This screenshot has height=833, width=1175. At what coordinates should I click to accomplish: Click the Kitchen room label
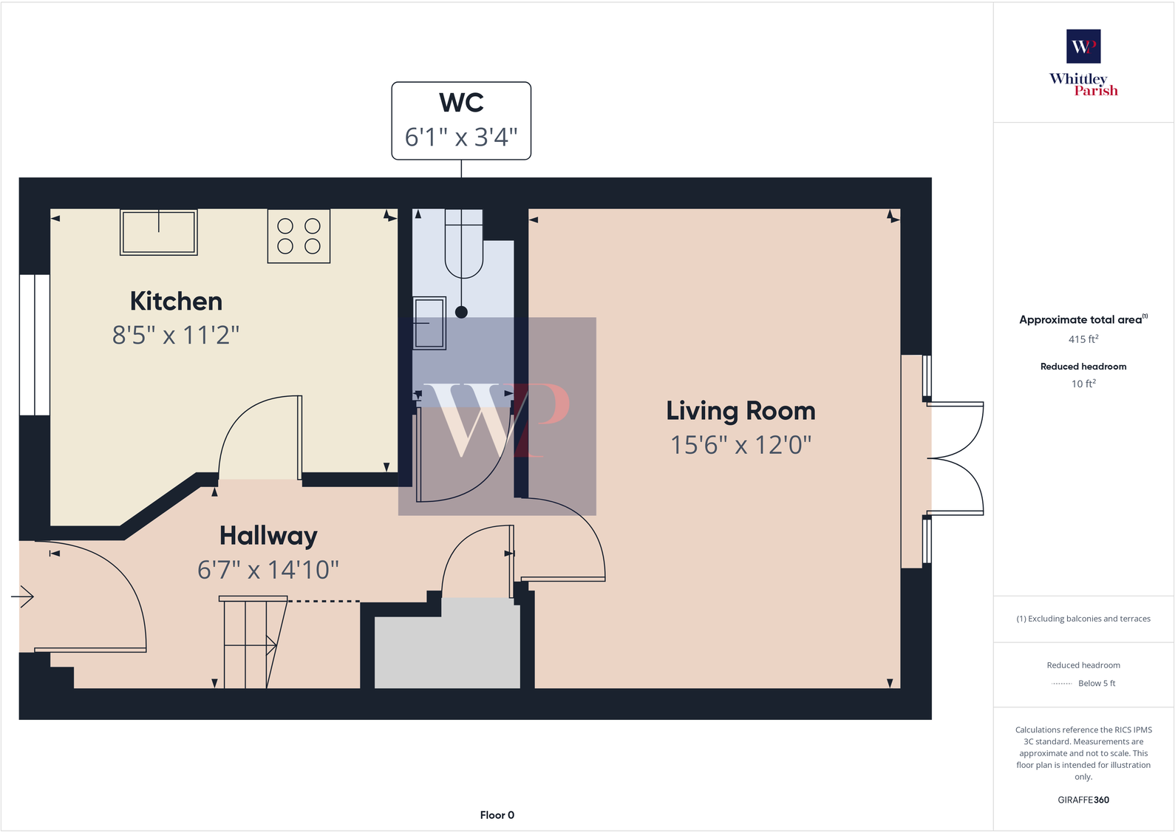(x=176, y=302)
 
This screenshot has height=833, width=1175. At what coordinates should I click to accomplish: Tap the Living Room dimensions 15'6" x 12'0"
(x=740, y=446)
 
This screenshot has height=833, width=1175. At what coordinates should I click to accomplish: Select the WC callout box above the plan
(x=461, y=120)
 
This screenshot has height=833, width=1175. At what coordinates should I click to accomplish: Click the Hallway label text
(x=268, y=536)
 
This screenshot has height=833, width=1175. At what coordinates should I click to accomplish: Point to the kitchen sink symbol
(x=159, y=232)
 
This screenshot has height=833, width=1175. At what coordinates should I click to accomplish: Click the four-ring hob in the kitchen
(x=299, y=236)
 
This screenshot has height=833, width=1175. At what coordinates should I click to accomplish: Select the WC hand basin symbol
(x=429, y=323)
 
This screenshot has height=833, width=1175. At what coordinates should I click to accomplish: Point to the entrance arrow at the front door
(x=24, y=596)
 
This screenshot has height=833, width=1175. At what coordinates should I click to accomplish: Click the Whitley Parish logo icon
(x=1083, y=47)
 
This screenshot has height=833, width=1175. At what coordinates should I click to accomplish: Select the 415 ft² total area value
(x=1083, y=339)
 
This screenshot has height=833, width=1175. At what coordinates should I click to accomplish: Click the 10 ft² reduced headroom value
(x=1083, y=384)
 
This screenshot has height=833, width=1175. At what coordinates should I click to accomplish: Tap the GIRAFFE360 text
(x=1083, y=800)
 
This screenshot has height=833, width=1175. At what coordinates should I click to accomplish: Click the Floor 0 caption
(x=497, y=815)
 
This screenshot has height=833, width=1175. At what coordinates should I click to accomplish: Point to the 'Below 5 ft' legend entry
(x=1097, y=684)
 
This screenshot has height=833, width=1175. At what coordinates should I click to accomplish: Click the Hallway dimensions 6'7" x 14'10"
(x=268, y=570)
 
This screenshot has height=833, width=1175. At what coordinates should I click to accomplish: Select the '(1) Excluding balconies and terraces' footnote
(x=1083, y=619)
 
